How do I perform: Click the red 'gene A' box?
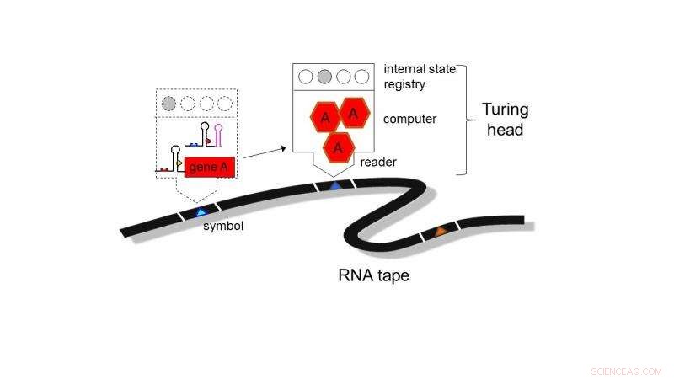pos(209,168)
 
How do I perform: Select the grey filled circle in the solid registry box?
pos(324,77)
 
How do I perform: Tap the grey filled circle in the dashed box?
pos(169,104)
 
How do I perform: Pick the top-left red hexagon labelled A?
pos(324,118)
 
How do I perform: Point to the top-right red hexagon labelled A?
pos(354,112)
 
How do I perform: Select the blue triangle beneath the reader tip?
pos(335,184)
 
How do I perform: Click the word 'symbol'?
pos(223,226)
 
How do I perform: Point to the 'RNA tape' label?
pos(373,275)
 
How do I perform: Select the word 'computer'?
pos(409,119)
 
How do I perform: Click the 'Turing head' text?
pos(505,120)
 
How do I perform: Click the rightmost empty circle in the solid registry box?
pos(361,77)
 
